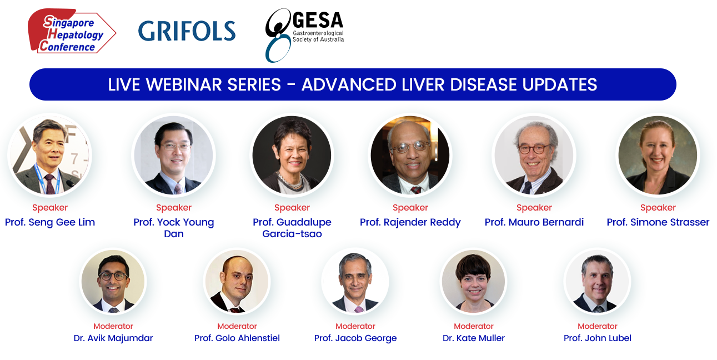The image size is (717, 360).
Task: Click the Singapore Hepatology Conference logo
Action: (72, 31)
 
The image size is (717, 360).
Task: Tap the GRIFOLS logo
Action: (187, 31)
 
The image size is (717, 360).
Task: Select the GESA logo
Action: (304, 35)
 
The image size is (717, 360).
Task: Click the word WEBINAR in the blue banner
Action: (213, 84)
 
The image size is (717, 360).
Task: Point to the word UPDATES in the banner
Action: (559, 84)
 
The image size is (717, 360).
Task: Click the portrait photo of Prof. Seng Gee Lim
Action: (49, 155)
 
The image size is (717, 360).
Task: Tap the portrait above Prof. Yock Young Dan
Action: (173, 155)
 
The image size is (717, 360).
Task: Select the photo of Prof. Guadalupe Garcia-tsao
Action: (292, 155)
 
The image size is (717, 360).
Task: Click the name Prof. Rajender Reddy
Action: (410, 222)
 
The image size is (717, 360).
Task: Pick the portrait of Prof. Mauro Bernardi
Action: (534, 155)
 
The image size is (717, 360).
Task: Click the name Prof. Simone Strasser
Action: (658, 222)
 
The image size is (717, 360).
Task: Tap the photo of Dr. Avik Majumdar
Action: (113, 281)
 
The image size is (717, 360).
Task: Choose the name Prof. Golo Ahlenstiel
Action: (237, 338)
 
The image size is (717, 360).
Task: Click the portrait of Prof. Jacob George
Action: (355, 281)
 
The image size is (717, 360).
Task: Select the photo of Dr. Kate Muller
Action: (473, 281)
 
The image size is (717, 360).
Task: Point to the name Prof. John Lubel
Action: (597, 338)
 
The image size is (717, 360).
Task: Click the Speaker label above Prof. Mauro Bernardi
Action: (534, 208)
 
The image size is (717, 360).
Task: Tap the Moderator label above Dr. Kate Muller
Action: (473, 326)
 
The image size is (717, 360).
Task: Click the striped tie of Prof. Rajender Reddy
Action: (415, 190)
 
